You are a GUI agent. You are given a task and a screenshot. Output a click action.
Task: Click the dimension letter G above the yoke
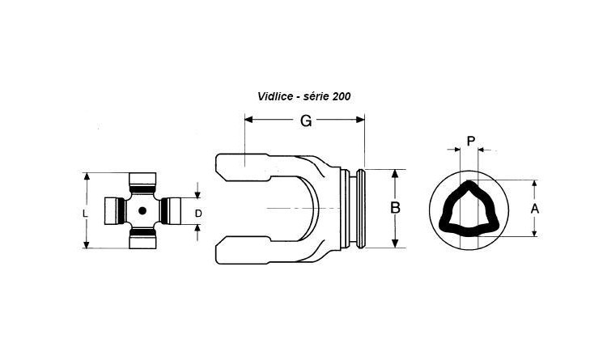click(x=306, y=121)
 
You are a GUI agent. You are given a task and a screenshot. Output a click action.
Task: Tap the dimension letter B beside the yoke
click(x=395, y=208)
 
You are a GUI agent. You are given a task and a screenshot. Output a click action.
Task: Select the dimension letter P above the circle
click(x=471, y=141)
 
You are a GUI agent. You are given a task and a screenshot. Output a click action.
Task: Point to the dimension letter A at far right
click(x=535, y=209)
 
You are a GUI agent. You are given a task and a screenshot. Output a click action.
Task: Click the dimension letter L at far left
click(x=86, y=214)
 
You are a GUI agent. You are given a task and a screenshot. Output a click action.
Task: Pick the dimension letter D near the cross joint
click(x=198, y=214)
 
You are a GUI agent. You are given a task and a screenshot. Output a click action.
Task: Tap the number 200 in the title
click(x=341, y=96)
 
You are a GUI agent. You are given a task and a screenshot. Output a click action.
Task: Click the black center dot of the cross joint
click(x=142, y=210)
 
